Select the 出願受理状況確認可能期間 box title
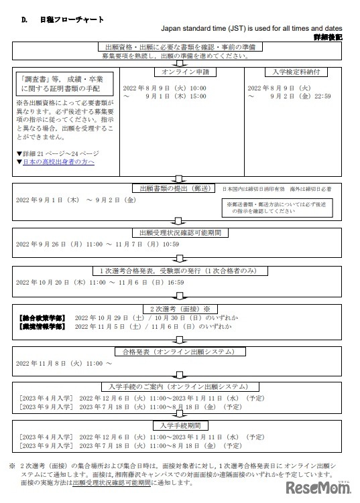(x=180, y=232)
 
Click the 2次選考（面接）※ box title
(x=180, y=309)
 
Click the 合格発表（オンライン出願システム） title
(x=180, y=352)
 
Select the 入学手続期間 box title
(x=180, y=426)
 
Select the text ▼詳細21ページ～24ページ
(x=58, y=153)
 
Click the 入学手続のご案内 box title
(x=180, y=387)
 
